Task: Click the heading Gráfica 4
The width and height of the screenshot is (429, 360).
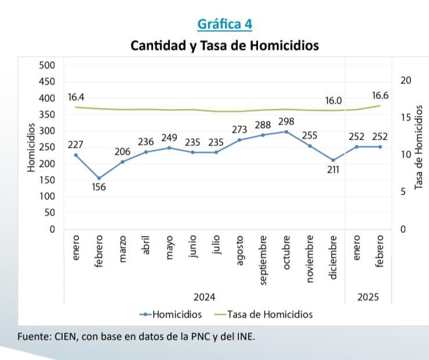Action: tap(225, 24)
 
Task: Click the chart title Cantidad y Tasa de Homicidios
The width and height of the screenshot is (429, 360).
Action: tap(224, 45)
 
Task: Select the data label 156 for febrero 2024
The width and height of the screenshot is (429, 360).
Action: tap(99, 187)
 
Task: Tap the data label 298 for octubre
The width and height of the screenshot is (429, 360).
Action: tap(286, 122)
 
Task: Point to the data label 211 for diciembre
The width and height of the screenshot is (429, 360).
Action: tap(333, 170)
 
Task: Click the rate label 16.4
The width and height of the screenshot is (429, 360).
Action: tap(76, 97)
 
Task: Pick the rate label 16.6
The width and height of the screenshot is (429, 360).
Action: tap(380, 96)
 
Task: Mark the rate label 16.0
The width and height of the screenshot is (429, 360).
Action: tap(333, 100)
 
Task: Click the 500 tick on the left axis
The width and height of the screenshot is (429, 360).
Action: tap(47, 65)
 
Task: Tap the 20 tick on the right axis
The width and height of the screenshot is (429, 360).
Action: tap(406, 81)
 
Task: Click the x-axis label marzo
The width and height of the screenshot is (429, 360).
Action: tap(122, 249)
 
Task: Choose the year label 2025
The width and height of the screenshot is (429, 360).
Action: tap(368, 297)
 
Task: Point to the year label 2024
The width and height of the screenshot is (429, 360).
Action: tap(204, 297)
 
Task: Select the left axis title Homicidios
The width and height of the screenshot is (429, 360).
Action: tap(31, 147)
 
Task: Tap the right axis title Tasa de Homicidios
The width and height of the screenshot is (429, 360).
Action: tap(419, 147)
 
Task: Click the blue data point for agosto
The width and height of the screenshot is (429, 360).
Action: tap(239, 140)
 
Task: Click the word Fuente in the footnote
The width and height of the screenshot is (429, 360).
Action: tap(33, 336)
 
